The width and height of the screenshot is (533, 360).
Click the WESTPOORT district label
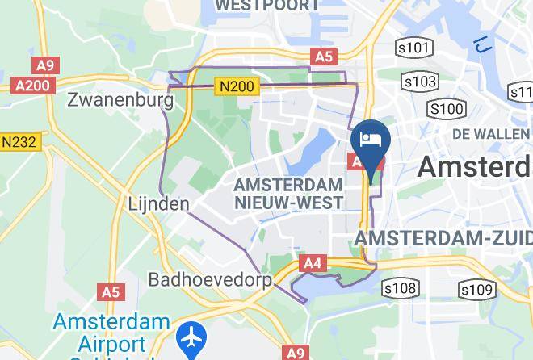(x=266, y=5)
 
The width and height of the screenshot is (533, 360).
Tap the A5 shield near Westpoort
(x=323, y=56)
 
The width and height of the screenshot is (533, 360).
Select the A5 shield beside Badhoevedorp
(x=111, y=291)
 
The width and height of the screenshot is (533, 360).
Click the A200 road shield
(x=33, y=85)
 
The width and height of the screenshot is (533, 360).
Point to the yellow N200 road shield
(x=237, y=86)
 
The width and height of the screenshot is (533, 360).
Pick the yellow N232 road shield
(x=19, y=142)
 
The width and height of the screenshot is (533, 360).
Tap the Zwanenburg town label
(x=120, y=101)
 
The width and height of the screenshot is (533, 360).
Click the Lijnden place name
(x=158, y=204)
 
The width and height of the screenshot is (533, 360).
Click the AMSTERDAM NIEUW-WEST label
(x=287, y=194)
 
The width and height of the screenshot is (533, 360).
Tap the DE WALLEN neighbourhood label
(x=491, y=133)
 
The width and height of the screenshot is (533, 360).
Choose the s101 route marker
(x=413, y=48)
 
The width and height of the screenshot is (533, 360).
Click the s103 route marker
(x=420, y=82)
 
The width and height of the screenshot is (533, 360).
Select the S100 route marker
(x=447, y=108)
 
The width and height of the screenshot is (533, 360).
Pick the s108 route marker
(x=401, y=288)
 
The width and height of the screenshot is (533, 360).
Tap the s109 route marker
(x=476, y=289)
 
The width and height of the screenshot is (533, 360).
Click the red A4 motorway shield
(x=313, y=262)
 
